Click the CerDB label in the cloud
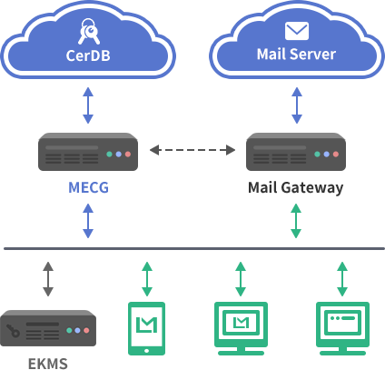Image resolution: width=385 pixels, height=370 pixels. [x=88, y=55]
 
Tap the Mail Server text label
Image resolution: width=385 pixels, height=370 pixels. [x=296, y=55]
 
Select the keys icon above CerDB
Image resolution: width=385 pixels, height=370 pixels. [x=89, y=32]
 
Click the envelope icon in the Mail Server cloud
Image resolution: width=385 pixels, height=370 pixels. [x=297, y=31]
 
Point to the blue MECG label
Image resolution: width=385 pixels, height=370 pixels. [x=88, y=187]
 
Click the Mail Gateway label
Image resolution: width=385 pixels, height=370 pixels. [x=296, y=187]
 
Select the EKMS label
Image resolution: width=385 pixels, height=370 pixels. [x=48, y=364]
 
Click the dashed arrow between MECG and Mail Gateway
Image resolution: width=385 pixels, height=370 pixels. [x=192, y=150]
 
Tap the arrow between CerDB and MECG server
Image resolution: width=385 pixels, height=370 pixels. [x=88, y=105]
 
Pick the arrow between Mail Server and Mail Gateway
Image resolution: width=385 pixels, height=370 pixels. [x=297, y=105]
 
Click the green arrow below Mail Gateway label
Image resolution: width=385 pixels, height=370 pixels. [x=296, y=221]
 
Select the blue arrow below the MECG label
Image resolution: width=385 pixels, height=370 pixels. [x=88, y=221]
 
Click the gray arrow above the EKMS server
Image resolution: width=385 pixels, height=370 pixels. [x=48, y=279]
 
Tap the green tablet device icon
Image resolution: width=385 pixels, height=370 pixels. [x=147, y=328]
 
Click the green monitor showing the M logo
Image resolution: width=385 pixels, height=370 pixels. [x=241, y=328]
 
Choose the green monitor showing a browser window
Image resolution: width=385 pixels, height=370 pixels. [x=342, y=328]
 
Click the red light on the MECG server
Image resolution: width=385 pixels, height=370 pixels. [x=128, y=155]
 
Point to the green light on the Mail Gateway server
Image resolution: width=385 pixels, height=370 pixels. [x=317, y=155]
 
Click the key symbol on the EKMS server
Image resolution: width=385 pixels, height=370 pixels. [x=13, y=330]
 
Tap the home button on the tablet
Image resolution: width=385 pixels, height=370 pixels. [x=147, y=351]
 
